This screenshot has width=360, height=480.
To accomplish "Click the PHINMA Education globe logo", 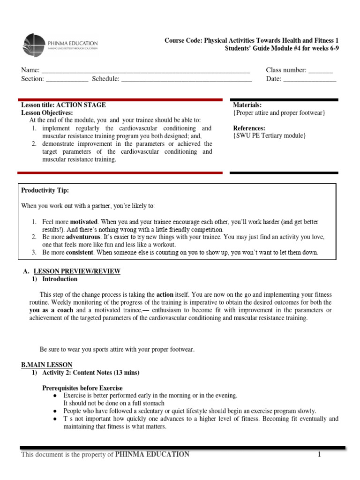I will pos(34,45).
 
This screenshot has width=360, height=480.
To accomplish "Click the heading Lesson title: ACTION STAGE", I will pos(64,105).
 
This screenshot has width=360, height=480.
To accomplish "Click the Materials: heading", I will pos(247,105).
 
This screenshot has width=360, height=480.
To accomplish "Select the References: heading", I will pos(249,128).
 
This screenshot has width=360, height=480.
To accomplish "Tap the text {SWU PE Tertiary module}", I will pos(270,136).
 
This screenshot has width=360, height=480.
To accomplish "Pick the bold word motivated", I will pos(84,222).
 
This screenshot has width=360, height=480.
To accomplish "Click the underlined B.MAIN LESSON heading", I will pos(46,365).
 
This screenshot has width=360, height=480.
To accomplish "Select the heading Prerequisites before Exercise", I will pos(82,388).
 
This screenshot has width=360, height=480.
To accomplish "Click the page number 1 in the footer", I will pos(318,454).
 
